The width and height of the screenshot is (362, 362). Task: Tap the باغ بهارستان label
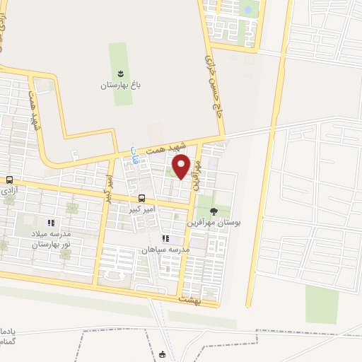tap(120, 85)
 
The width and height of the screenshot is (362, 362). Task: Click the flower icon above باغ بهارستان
tap(120, 74)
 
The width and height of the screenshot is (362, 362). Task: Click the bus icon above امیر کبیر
tap(142, 199)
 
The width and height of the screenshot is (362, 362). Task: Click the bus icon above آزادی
tap(9, 180)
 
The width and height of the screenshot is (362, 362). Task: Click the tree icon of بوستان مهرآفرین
tap(214, 211)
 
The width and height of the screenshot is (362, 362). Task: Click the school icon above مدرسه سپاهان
tap(165, 239)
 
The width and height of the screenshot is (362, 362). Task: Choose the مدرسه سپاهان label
tap(165, 250)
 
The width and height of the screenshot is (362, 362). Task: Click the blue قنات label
tap(134, 153)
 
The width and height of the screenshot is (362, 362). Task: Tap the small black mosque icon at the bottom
tap(163, 354)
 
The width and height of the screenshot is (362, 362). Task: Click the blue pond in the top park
tap(247, 10)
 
